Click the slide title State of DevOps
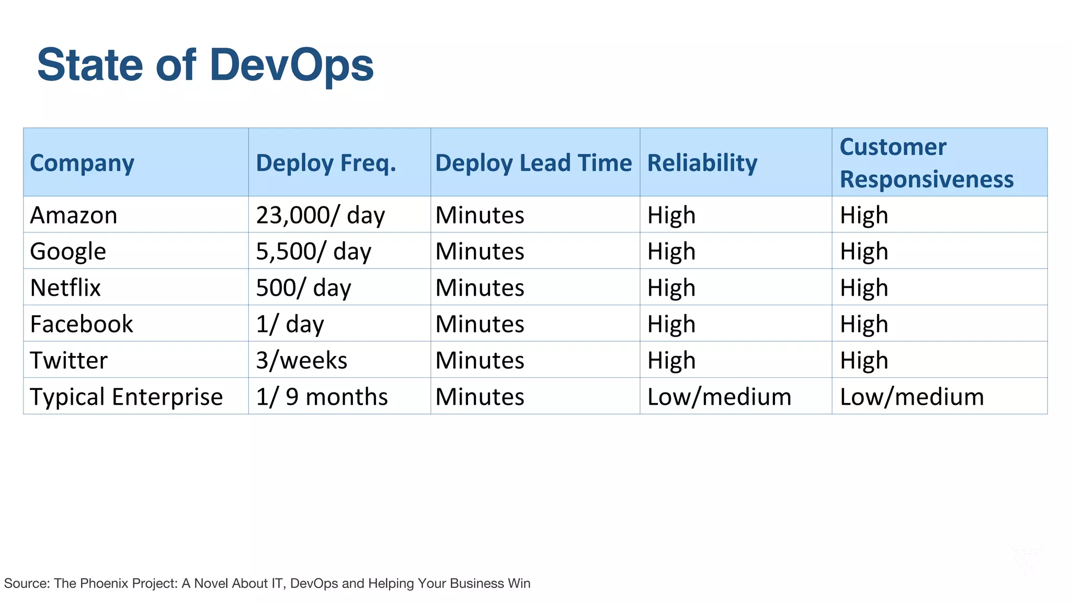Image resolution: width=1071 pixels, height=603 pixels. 205,65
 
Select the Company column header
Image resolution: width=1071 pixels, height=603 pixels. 82,163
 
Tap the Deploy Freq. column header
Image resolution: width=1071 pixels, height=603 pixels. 326,163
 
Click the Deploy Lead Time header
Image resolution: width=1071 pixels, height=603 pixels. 533,163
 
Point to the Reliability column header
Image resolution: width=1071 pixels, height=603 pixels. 702,163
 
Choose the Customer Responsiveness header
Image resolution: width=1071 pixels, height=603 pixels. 926,163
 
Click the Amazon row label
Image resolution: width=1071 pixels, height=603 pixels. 74,215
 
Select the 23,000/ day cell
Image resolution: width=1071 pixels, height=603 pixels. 320,215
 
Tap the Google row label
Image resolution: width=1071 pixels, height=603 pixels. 68,251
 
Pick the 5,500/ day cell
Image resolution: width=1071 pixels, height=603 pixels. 313,251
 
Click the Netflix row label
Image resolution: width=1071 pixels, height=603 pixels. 65,287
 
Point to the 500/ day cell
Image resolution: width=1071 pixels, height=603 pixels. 303,287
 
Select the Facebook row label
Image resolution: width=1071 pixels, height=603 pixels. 82,324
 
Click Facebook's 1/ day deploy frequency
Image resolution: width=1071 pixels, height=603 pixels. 290,324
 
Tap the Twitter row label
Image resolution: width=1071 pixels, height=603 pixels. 69,360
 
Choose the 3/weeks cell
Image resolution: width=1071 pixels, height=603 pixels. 301,360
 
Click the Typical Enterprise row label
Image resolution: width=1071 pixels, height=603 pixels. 126,397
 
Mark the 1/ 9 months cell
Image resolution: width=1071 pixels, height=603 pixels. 322,397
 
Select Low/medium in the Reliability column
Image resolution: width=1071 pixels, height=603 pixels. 719,397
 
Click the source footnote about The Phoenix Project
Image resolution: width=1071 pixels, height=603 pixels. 267,583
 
